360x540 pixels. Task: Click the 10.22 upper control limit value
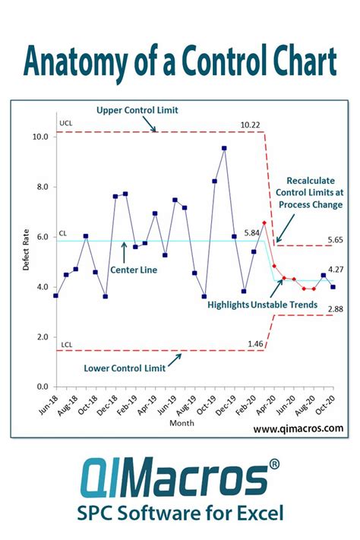[x=250, y=125]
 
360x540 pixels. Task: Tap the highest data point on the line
[x=224, y=148]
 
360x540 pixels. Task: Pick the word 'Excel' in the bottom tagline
[x=254, y=512]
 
